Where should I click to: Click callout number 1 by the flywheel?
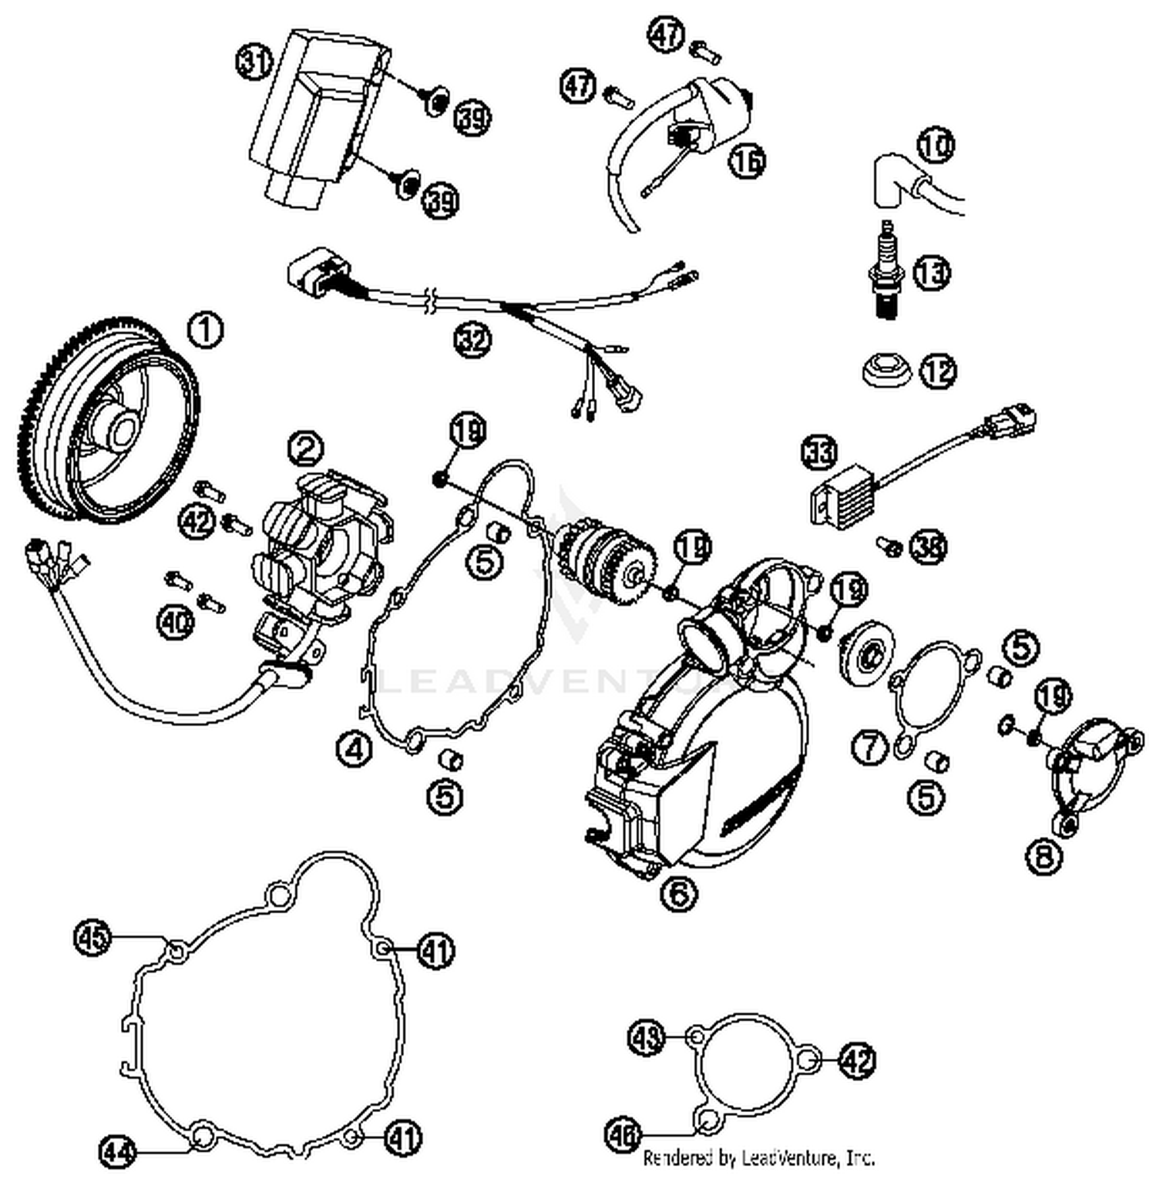pos(206,330)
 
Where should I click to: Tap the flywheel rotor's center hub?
pos(122,433)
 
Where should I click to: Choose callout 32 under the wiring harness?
pos(472,339)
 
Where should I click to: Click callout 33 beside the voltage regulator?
pos(819,452)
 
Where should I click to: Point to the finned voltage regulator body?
pos(840,499)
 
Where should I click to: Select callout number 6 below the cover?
pos(678,894)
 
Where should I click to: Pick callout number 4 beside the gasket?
pos(354,747)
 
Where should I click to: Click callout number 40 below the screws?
pos(176,623)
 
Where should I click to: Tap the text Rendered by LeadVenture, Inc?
pos(758,1157)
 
